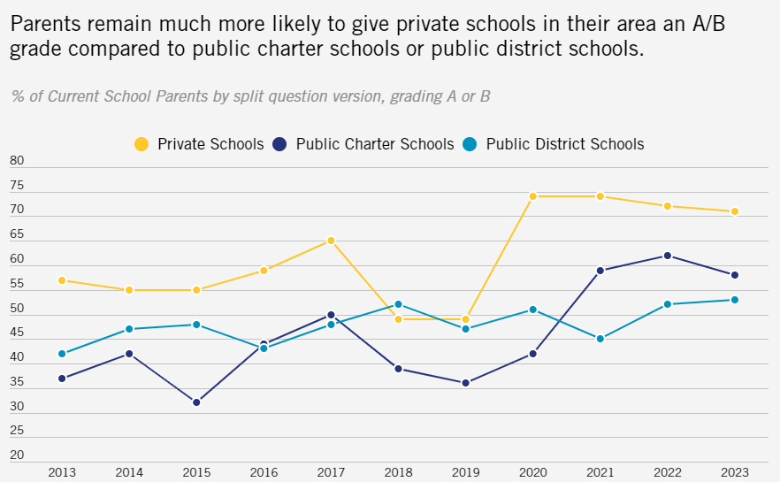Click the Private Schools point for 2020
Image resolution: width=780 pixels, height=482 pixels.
[532, 196]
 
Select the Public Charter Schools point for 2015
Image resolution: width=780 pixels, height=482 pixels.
[196, 402]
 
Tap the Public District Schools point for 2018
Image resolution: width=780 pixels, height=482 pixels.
[398, 304]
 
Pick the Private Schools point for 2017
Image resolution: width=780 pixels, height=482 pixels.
[331, 241]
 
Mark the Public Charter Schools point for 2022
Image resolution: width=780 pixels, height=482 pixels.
[667, 256]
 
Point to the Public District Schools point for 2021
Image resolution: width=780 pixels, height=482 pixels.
[600, 339]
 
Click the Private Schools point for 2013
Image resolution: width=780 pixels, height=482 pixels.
[62, 280]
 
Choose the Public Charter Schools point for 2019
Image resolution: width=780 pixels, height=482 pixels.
[465, 383]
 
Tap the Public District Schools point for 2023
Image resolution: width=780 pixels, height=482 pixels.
[734, 300]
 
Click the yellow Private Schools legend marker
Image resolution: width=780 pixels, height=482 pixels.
[141, 143]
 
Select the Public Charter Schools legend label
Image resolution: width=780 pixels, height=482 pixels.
[375, 143]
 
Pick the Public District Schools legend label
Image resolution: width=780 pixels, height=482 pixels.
[565, 143]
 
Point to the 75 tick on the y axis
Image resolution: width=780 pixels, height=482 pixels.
[17, 186]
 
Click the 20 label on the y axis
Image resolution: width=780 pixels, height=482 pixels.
[17, 455]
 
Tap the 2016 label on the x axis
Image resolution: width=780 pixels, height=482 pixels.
[264, 473]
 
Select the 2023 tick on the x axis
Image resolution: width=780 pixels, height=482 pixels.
[734, 473]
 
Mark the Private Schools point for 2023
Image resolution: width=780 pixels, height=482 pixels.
[734, 211]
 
